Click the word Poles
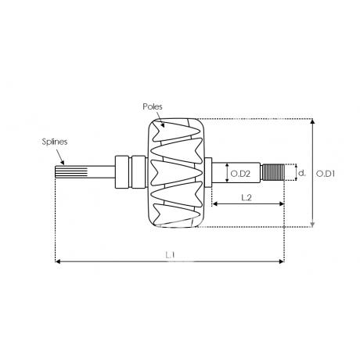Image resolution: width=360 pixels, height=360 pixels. (153, 106)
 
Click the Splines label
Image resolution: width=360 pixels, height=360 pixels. (55, 142)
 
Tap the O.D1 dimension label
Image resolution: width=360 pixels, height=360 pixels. (325, 174)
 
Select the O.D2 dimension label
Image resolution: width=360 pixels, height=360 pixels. (240, 174)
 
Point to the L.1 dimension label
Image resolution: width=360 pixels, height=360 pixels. (170, 255)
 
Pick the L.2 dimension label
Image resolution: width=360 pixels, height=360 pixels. (247, 198)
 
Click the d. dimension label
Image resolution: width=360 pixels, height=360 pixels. (302, 173)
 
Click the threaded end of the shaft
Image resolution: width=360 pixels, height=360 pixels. (273, 172)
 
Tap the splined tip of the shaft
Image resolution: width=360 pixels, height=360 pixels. (71, 172)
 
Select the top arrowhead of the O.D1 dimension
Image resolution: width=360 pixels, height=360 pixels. (312, 121)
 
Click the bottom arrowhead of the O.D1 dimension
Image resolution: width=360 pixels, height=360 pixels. (312, 225)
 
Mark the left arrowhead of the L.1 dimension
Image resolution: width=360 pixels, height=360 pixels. (58, 261)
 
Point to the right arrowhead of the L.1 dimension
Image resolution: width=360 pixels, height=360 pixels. (282, 261)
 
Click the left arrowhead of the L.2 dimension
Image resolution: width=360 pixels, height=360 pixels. (214, 203)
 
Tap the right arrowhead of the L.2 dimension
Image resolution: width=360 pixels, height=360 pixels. (282, 203)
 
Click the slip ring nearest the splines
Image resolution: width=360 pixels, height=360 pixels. (122, 172)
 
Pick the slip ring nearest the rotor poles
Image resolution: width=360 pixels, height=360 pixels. (139, 172)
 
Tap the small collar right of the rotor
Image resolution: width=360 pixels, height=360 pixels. (208, 172)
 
